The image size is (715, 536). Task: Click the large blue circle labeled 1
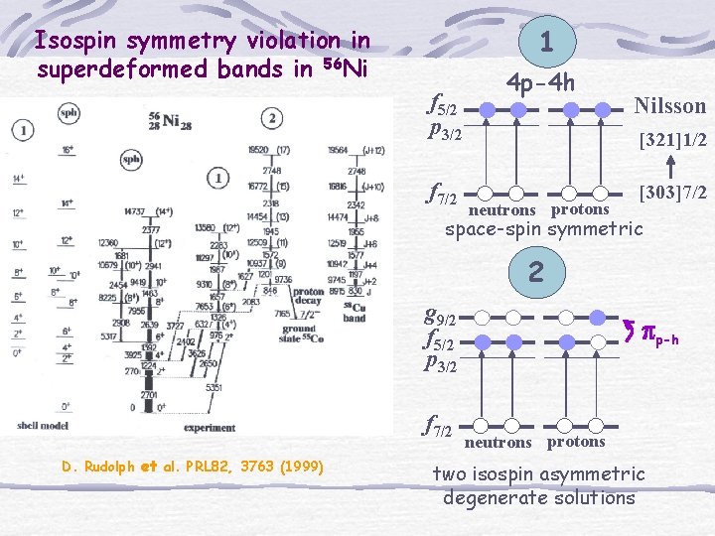pos(545,41)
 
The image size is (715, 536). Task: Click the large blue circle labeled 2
pos(535,270)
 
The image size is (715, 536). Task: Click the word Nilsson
pos(669,105)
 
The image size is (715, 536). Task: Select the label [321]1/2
pos(672,141)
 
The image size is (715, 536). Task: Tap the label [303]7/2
pos(672,190)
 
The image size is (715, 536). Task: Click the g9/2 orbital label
pos(440,319)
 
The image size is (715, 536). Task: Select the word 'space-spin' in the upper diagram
pos(493,229)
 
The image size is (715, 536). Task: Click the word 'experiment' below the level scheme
pos(210,427)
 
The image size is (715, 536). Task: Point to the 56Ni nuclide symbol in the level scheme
pos(165,120)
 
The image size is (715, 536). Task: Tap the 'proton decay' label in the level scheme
pos(308,297)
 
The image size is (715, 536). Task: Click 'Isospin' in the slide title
pos(71,41)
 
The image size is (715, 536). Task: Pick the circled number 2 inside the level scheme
pos(272,118)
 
